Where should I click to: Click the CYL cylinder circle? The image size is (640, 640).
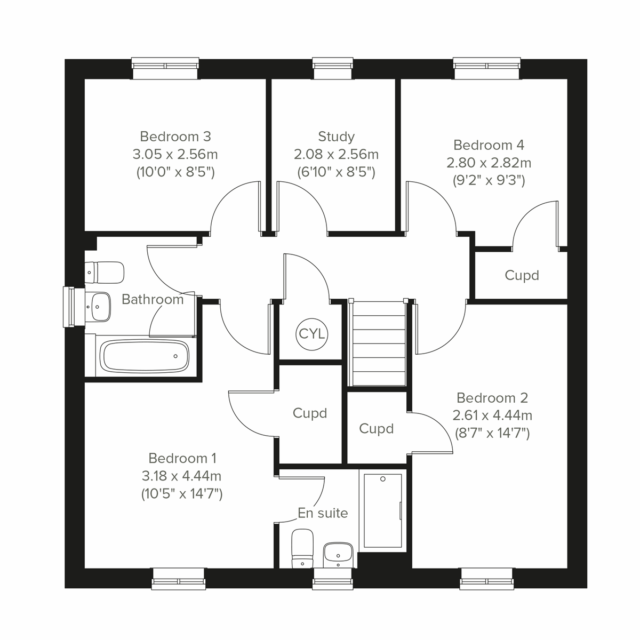(x=312, y=334)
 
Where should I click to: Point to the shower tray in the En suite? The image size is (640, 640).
(x=382, y=511)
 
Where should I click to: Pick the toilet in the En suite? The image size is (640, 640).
(x=302, y=548)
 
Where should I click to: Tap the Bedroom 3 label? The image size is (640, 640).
(x=175, y=136)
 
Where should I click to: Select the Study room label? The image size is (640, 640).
(x=336, y=137)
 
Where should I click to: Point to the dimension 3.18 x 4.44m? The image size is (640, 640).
(x=182, y=475)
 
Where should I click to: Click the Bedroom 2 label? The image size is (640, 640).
(x=492, y=398)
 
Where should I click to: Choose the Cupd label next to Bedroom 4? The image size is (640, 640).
(x=522, y=276)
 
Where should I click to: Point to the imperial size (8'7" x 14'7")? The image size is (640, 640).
(x=492, y=433)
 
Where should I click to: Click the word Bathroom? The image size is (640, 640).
(x=153, y=299)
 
